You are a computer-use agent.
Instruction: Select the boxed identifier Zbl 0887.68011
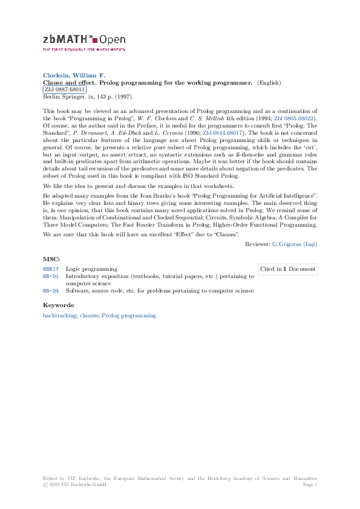point(65,89)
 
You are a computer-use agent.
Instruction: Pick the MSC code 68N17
point(51,268)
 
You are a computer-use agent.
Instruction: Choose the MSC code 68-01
point(51,276)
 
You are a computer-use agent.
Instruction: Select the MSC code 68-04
point(51,291)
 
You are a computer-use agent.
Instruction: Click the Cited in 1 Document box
point(287,268)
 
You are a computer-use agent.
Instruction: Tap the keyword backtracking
point(59,316)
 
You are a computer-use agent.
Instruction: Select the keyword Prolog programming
point(129,316)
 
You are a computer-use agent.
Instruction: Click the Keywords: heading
point(58,305)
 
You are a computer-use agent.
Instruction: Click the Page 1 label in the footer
point(310,484)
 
